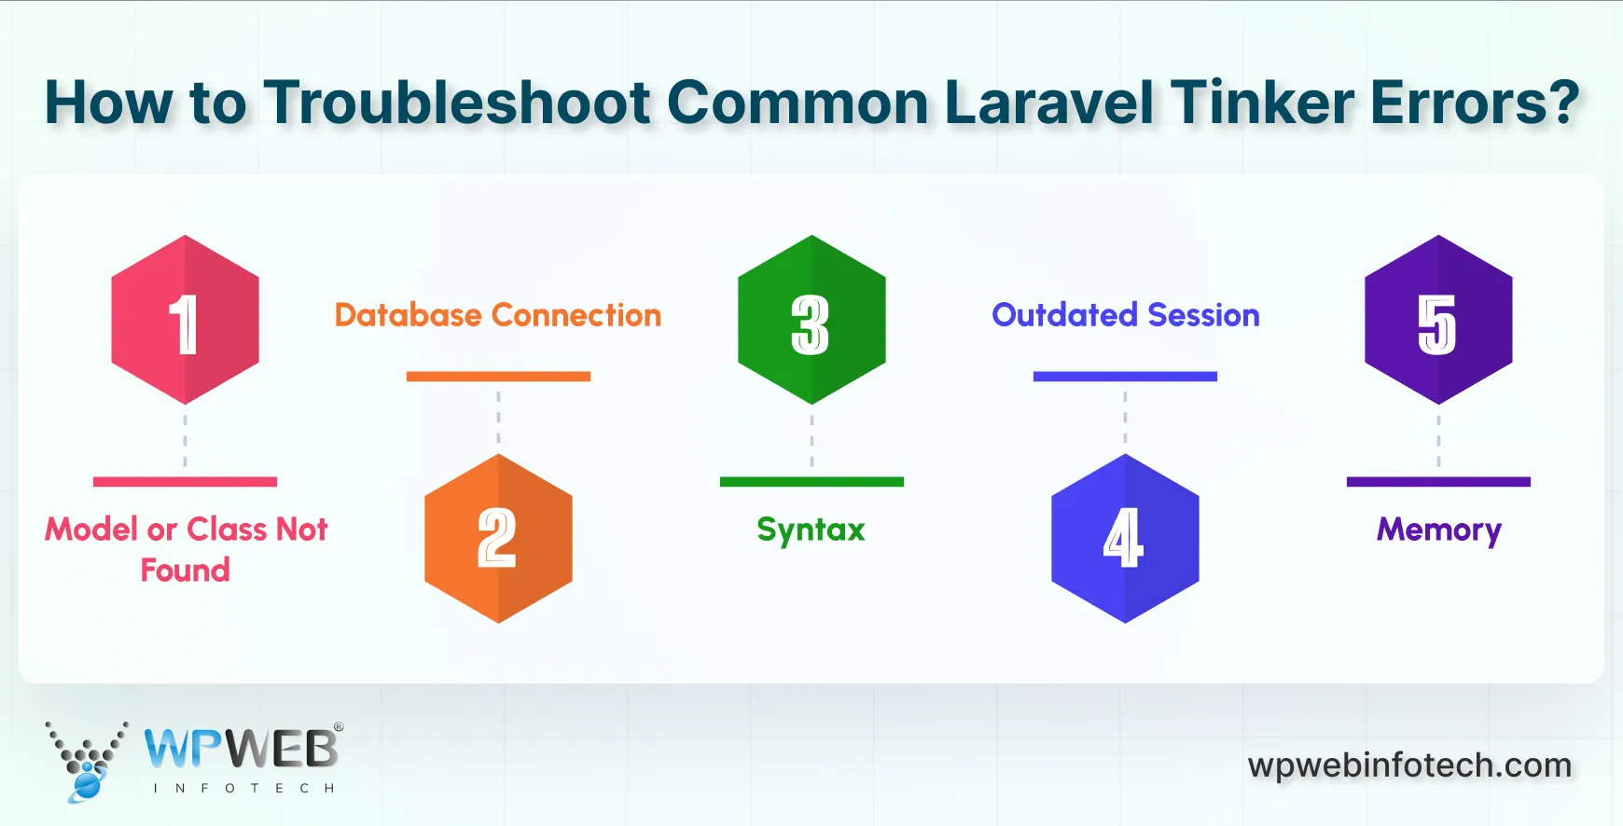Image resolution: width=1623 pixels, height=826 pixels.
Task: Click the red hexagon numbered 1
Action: (x=185, y=320)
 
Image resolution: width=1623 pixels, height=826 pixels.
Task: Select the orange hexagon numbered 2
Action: (x=498, y=539)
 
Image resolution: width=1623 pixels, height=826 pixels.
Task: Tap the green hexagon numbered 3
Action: (x=811, y=320)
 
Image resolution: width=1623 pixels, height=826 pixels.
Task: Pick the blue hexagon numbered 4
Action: (x=1125, y=539)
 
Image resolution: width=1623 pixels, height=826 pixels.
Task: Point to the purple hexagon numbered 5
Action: (x=1438, y=320)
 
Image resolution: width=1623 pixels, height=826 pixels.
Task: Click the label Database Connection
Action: (x=498, y=315)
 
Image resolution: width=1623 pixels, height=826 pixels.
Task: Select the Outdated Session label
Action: (x=1125, y=315)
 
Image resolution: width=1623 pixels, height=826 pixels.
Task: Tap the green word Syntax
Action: (x=811, y=530)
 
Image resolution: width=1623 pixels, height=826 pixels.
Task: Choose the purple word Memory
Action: (x=1438, y=530)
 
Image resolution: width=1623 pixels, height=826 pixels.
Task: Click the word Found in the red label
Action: (x=185, y=570)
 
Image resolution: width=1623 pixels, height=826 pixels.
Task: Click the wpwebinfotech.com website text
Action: (x=1409, y=765)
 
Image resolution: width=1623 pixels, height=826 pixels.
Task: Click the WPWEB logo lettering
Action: (x=242, y=749)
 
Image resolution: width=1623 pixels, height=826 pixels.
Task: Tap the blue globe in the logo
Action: (x=86, y=783)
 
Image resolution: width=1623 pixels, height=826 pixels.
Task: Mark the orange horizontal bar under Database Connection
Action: (x=498, y=377)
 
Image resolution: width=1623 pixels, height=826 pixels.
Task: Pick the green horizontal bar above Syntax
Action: (x=811, y=482)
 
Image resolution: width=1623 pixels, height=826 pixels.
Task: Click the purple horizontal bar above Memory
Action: (x=1438, y=482)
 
